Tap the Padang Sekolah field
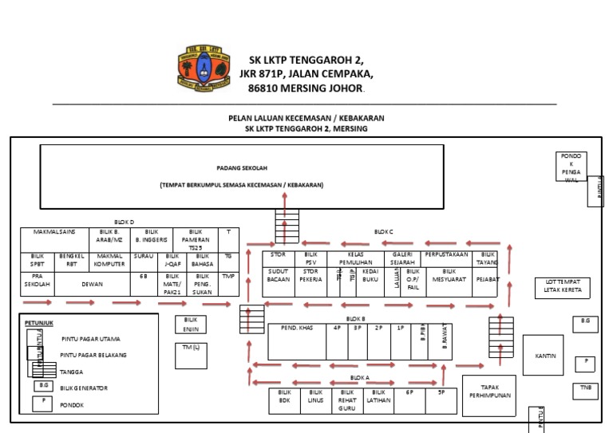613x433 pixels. pos(242,176)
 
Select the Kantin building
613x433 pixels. pos(545,356)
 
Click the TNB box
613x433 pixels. pos(586,391)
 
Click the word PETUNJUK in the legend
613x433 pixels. pos(38,322)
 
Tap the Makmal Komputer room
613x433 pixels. pos(109,259)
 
